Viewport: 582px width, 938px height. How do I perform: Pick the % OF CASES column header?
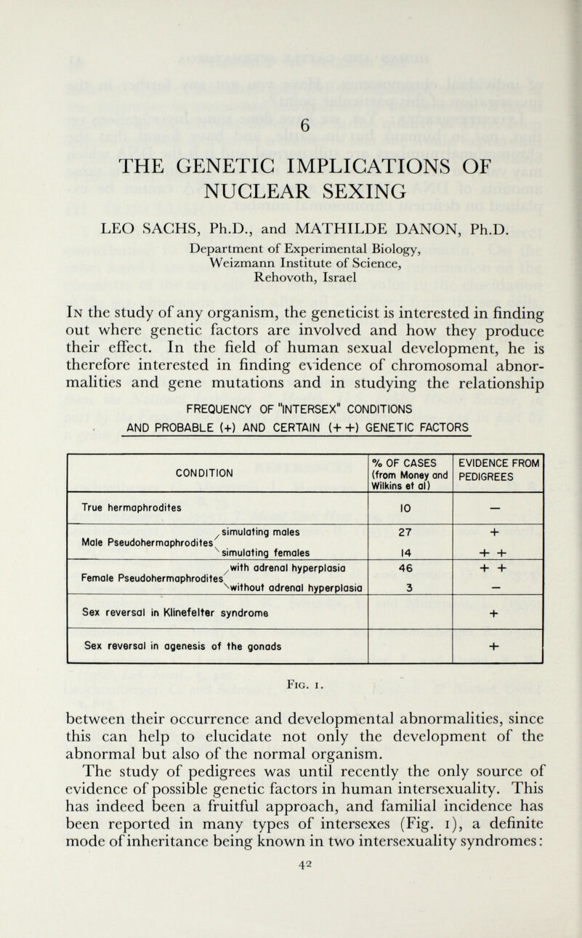click(409, 473)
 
